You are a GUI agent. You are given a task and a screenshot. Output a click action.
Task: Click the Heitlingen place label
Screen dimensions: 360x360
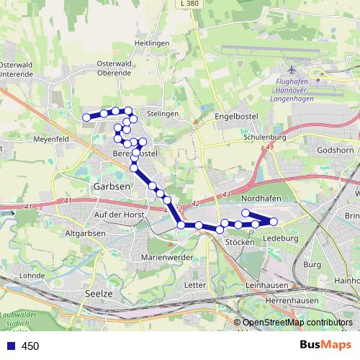151,44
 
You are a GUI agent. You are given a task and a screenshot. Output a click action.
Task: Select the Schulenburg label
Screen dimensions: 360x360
265,137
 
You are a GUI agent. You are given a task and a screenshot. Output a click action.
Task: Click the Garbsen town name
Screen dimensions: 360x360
111,186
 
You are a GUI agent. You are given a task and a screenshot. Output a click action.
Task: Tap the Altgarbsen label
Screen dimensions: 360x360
85,233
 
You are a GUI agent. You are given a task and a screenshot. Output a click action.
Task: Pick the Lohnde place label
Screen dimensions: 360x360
33,275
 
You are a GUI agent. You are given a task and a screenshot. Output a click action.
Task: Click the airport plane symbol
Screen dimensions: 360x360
292,71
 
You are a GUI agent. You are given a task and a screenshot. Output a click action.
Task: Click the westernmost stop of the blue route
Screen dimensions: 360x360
86,117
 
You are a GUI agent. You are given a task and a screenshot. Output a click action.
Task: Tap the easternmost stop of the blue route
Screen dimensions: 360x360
274,221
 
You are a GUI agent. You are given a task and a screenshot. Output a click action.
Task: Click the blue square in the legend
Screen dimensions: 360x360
9,346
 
